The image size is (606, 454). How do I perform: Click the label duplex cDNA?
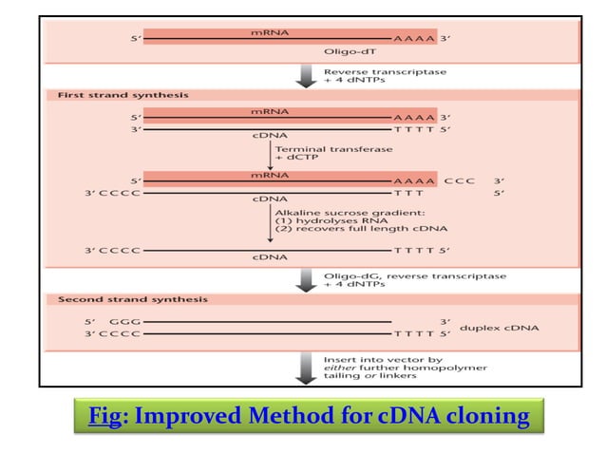(x=500, y=329)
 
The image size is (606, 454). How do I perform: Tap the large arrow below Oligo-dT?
(x=307, y=76)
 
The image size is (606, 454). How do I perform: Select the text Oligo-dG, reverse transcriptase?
(x=413, y=275)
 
